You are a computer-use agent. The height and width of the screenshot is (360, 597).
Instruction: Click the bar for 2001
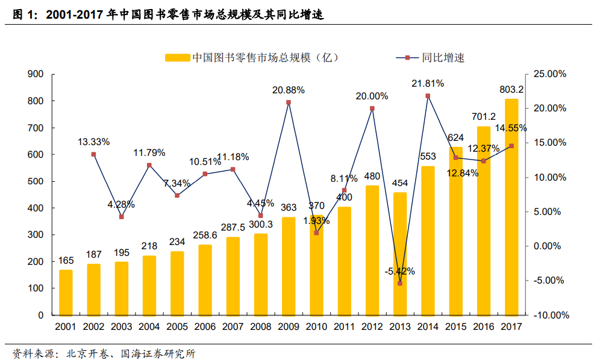(66, 292)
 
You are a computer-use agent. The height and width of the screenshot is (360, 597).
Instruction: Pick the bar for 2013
(400, 253)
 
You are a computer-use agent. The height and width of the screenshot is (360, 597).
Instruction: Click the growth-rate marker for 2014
(428, 96)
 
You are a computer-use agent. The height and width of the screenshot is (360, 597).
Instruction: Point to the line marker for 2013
(400, 283)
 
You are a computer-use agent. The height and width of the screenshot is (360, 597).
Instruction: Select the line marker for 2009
(289, 102)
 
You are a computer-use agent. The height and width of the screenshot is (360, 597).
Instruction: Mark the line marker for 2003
(122, 217)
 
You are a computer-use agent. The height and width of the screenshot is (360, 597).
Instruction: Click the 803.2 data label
(511, 89)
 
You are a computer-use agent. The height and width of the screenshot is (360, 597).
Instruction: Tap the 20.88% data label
(288, 90)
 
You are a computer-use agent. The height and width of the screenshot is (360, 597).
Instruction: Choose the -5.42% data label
(399, 271)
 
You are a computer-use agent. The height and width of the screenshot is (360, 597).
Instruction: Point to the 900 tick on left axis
(36, 74)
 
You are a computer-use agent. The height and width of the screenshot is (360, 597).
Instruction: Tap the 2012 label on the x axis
(372, 326)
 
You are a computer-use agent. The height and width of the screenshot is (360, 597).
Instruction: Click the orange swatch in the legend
(177, 58)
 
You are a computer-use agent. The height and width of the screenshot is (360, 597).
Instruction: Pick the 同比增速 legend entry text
(443, 58)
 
